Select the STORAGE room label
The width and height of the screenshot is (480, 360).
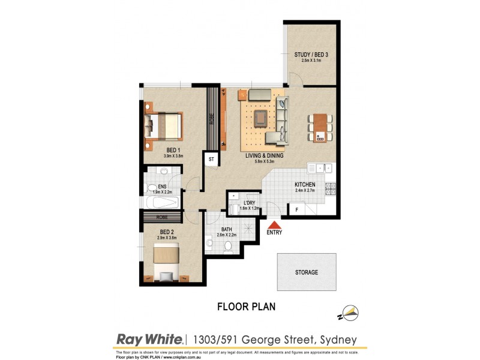click(x=306, y=272)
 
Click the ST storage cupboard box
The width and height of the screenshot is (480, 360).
click(x=211, y=160)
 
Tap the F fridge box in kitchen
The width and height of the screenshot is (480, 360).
click(x=295, y=209)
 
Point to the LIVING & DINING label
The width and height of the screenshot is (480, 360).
click(x=264, y=155)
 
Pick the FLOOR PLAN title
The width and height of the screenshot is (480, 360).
click(x=246, y=307)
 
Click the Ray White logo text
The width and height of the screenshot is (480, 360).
click(x=149, y=340)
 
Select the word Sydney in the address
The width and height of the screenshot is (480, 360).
click(x=340, y=340)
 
